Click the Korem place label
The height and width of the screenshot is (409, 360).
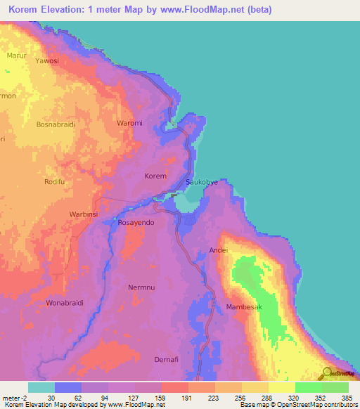pos(155,176)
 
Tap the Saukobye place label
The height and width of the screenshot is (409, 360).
pos(201,182)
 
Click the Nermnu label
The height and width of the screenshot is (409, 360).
pos(141,287)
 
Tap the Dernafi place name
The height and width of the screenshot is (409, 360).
pos(169,360)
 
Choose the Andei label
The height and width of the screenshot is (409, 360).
pos(219,250)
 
